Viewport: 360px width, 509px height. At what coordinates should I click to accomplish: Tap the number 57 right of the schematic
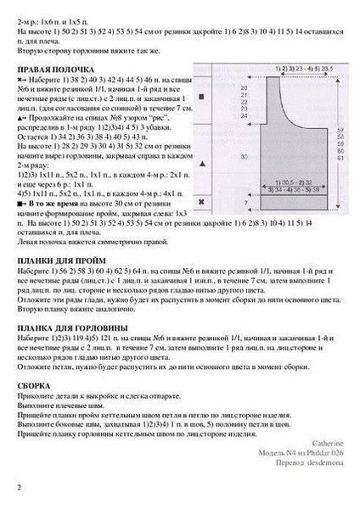[x=340, y=131]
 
